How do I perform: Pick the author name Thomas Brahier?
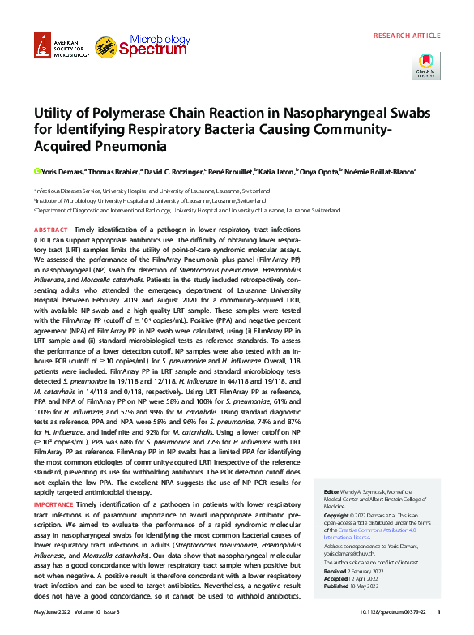tap(117, 172)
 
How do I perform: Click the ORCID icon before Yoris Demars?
tap(36, 172)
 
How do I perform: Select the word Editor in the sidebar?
tap(331, 492)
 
